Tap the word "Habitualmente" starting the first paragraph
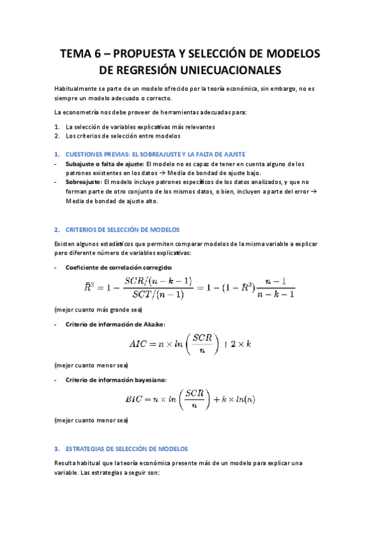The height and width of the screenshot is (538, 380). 75,89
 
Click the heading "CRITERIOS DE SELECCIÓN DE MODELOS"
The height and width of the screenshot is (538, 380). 122,230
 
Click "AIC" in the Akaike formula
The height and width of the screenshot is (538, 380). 138,344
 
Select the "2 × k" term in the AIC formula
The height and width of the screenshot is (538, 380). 245,344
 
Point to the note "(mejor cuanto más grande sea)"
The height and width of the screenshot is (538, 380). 98,310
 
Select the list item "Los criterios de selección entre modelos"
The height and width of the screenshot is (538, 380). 122,136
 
